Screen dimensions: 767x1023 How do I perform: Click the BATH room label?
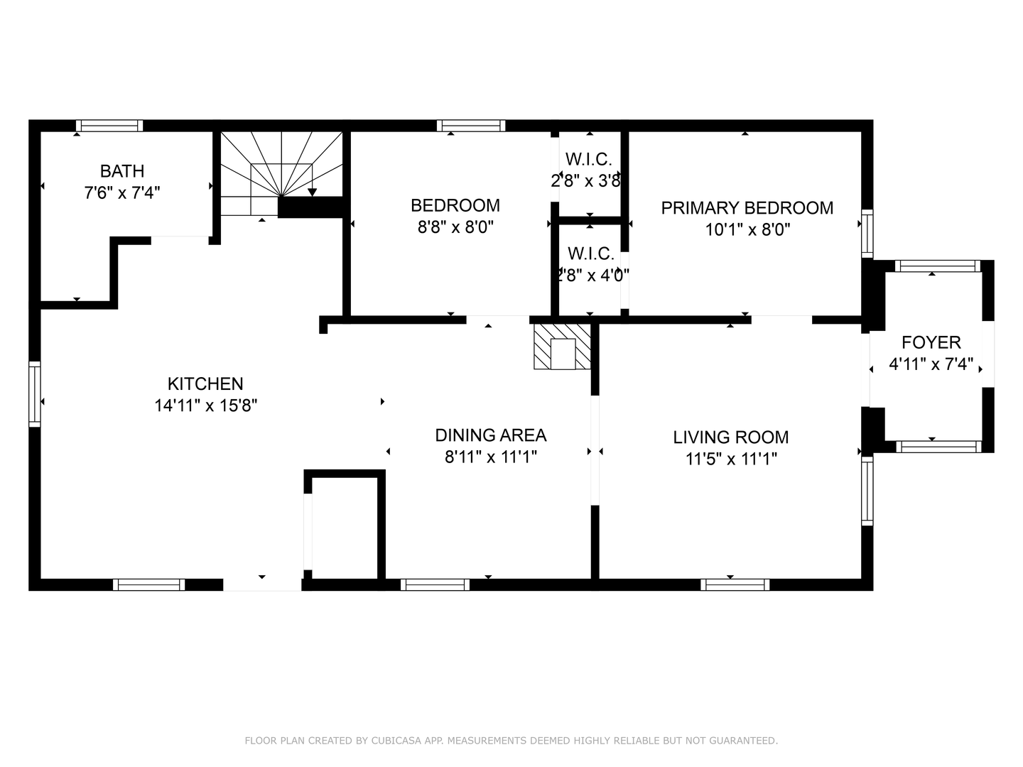tap(122, 171)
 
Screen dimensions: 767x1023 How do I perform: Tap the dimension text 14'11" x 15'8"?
tap(205, 406)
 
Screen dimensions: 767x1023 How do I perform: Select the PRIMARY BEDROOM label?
tap(747, 208)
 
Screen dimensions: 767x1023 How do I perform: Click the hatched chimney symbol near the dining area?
tap(563, 347)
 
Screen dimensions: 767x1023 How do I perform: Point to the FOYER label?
tap(931, 342)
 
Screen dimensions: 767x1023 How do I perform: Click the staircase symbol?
tap(281, 173)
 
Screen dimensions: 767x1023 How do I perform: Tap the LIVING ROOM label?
tap(730, 437)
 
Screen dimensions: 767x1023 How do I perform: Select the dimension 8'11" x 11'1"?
tap(490, 457)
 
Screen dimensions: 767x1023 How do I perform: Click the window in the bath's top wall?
tap(109, 126)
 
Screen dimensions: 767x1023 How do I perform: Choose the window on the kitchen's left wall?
tap(34, 393)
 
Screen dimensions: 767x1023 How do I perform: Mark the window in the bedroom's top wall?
tap(471, 126)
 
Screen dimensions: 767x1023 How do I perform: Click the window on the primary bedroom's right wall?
tap(867, 233)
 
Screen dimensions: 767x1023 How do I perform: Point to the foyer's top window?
tap(937, 266)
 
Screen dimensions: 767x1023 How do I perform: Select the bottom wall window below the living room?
tap(735, 584)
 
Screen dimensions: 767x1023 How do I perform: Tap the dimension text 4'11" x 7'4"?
tap(931, 364)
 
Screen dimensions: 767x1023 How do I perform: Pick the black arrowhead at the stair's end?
tap(312, 192)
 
